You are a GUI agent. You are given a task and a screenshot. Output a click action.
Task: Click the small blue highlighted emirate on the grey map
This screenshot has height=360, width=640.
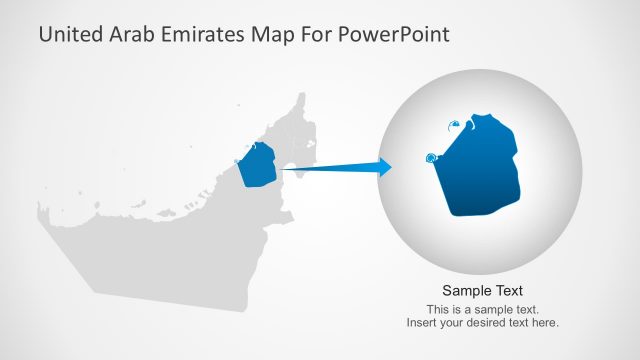pyautogui.click(x=258, y=165)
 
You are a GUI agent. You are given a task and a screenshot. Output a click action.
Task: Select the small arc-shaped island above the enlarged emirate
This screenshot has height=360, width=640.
pyautogui.click(x=454, y=124)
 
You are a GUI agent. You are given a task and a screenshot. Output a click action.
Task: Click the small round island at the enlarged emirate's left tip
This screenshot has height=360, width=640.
pyautogui.click(x=432, y=157)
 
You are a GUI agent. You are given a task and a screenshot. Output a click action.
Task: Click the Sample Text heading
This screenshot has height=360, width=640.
pyautogui.click(x=482, y=291)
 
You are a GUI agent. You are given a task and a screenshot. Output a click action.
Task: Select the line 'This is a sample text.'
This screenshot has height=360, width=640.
pyautogui.click(x=482, y=309)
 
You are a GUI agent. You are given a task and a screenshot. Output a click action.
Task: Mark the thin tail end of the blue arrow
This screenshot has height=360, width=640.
pyautogui.click(x=284, y=169)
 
